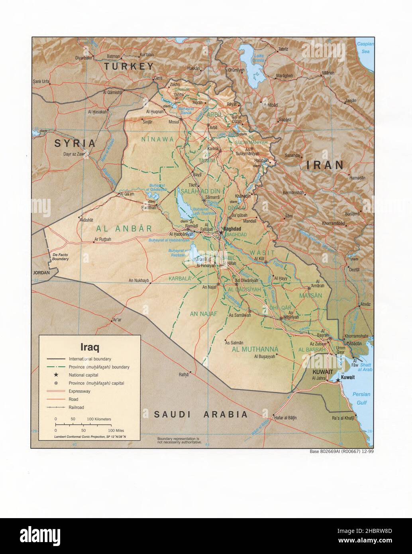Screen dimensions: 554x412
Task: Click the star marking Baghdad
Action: click(221, 233)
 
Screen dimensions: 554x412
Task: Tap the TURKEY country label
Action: click(129, 67)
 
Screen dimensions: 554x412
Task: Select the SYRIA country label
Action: click(76, 143)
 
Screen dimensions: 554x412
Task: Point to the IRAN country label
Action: click(325, 165)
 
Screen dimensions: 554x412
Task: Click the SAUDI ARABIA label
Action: click(201, 415)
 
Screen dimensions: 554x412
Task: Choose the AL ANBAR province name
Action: click(124, 229)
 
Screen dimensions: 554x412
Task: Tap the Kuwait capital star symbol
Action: click(338, 380)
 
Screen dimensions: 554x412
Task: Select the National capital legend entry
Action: click(83, 375)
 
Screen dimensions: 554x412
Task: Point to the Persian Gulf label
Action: click(361, 398)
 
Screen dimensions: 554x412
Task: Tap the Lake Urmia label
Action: click(259, 58)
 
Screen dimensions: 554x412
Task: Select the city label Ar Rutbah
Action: click(102, 240)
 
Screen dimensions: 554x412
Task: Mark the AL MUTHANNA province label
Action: click(255, 350)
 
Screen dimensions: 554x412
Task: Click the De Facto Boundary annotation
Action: click(61, 257)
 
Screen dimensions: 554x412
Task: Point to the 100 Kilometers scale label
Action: click(99, 419)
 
